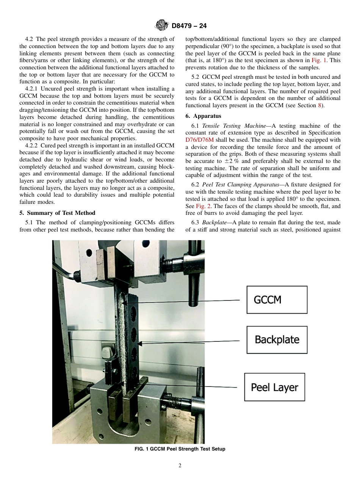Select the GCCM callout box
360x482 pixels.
(x=277, y=300)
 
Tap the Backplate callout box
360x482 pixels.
(x=277, y=340)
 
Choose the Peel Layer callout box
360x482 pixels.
(x=274, y=387)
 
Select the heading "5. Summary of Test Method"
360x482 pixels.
(x=57, y=213)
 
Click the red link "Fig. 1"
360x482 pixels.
(x=318, y=60)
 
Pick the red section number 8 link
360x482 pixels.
(x=319, y=105)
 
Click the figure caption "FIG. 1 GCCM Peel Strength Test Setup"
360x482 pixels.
(x=180, y=449)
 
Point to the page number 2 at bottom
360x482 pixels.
(x=180, y=466)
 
